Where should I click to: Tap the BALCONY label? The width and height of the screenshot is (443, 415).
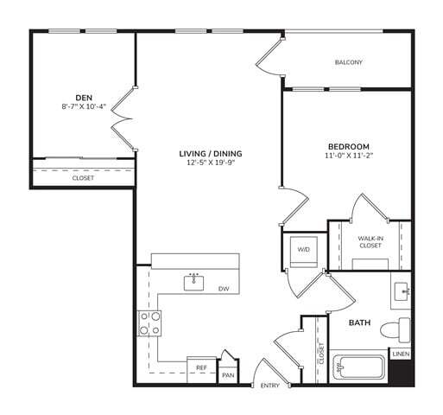[348, 62]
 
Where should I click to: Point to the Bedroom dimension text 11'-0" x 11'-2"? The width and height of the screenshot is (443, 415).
[348, 156]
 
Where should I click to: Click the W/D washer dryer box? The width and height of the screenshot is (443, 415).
[304, 250]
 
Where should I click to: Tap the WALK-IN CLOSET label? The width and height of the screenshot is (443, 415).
[370, 240]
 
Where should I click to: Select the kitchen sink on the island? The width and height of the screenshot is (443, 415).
[194, 282]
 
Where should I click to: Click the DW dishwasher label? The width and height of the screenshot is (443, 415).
[223, 289]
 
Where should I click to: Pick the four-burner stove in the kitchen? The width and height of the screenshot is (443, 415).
[149, 323]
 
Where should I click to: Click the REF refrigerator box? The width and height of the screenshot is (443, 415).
[201, 368]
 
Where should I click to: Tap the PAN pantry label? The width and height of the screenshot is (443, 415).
[228, 375]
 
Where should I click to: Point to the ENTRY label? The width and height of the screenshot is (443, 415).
[269, 386]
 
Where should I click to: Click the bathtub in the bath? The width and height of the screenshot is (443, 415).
[360, 370]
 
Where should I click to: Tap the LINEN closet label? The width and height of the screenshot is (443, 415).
[400, 354]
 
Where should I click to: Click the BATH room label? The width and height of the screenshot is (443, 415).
[359, 323]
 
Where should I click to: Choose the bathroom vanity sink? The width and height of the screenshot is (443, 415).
[402, 292]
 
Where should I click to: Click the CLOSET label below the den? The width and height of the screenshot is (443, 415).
[83, 178]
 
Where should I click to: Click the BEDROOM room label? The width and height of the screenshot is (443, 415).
[348, 146]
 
